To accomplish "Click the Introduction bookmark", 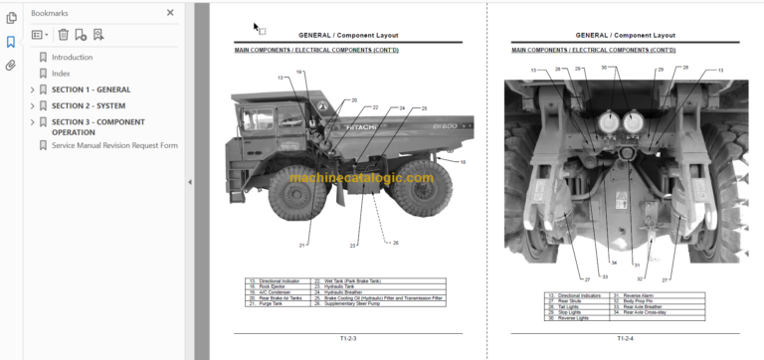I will point(72,58).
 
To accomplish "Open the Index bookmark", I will point(61,74).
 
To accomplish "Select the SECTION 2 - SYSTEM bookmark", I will point(89,105).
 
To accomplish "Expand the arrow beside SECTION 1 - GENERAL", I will point(32,90).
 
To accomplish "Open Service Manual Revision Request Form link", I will point(114,145).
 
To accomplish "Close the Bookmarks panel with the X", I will point(170,13).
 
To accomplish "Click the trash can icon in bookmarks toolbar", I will point(63,35).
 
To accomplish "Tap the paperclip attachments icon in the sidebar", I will point(11,66).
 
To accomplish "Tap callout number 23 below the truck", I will point(352,245).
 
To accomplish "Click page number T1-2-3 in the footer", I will point(347,337).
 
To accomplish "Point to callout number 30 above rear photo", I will point(604,69).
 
